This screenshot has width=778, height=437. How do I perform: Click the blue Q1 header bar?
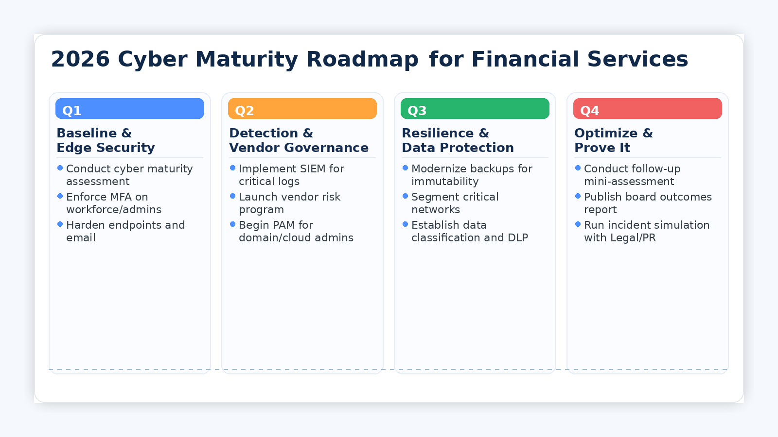tap(130, 109)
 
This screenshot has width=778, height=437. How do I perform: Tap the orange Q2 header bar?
tap(302, 109)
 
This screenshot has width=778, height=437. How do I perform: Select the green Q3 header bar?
tap(475, 109)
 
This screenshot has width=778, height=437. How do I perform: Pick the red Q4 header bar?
tap(648, 109)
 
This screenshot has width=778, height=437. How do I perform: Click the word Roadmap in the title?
tap(362, 59)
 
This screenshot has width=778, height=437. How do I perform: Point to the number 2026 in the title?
tap(80, 59)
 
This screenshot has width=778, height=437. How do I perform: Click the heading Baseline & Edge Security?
tap(106, 140)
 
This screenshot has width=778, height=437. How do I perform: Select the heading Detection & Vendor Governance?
tap(299, 140)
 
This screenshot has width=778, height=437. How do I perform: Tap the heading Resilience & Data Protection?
tap(458, 140)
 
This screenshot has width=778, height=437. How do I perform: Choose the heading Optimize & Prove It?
tap(613, 140)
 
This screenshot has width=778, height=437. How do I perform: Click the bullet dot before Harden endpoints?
tap(60, 224)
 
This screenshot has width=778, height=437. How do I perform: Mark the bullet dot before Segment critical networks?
tap(405, 196)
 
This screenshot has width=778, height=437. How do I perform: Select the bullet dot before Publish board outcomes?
tap(578, 196)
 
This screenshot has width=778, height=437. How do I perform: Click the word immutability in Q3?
tap(445, 182)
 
